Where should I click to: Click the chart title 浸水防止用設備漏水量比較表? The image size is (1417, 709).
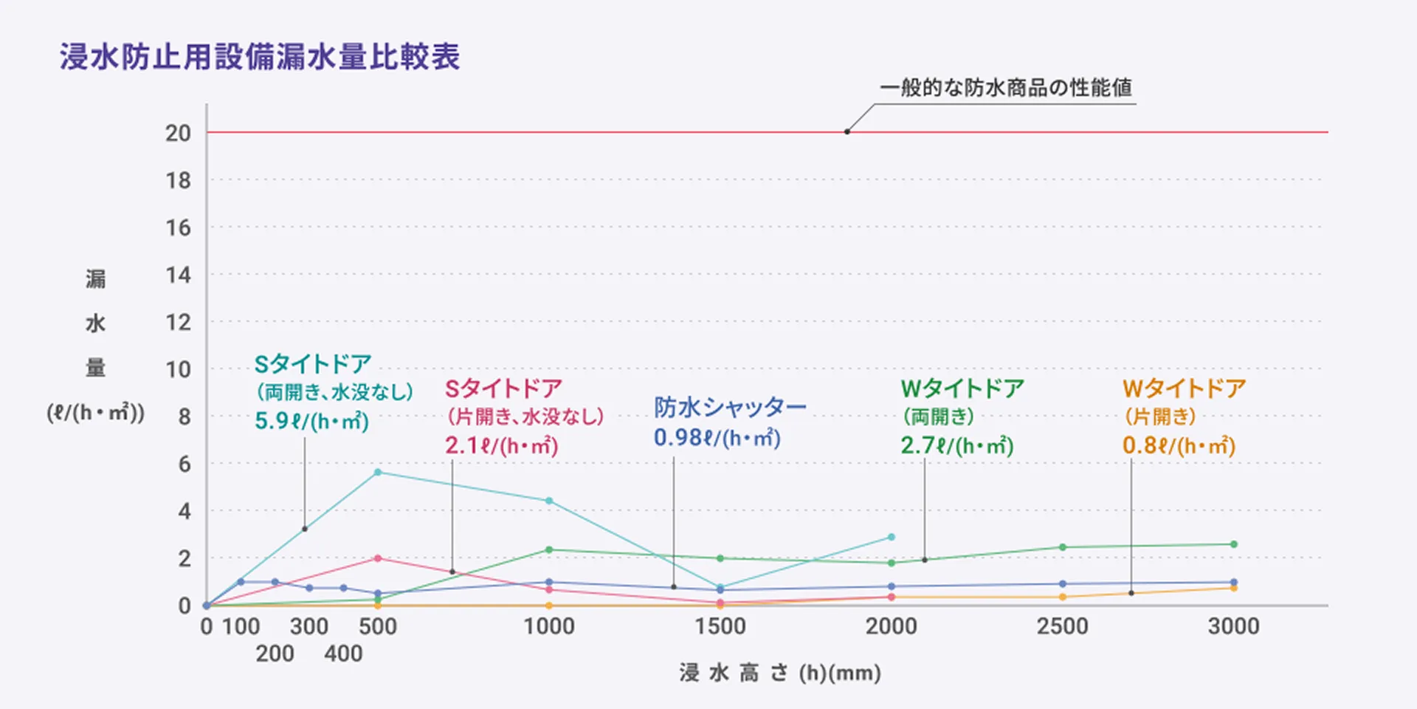coord(260,57)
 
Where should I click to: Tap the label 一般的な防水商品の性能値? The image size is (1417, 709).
coord(1005,88)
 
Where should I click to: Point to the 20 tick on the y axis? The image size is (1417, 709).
coord(178,133)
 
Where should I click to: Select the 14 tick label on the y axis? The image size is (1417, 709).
coord(178,275)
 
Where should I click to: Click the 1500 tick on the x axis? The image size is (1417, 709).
coord(720,626)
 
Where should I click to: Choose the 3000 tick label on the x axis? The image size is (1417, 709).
coord(1232,626)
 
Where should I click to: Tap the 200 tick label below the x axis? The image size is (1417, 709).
coord(275,654)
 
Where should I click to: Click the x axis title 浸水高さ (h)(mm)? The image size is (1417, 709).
coord(780,673)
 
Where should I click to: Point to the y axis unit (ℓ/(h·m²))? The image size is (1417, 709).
coord(96,412)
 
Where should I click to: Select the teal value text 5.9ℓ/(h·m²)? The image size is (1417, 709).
coord(311,421)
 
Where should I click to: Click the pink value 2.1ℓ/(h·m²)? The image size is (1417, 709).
coord(501,445)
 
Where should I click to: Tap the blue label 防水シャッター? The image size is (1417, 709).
coord(730,407)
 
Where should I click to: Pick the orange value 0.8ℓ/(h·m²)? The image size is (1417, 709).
coord(1179,445)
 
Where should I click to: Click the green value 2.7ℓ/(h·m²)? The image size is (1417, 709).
coord(956,445)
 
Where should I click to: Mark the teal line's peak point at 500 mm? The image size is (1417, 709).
coord(378,472)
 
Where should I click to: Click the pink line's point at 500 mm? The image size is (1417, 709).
coord(378,558)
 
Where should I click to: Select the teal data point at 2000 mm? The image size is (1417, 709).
coord(892,537)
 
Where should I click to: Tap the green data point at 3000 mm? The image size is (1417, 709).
coord(1233,544)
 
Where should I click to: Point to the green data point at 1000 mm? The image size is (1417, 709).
coord(549,549)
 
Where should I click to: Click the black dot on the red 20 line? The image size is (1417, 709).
coord(847,132)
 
